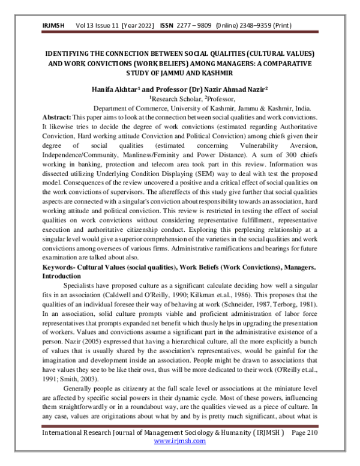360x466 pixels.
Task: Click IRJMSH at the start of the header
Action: point(55,26)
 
